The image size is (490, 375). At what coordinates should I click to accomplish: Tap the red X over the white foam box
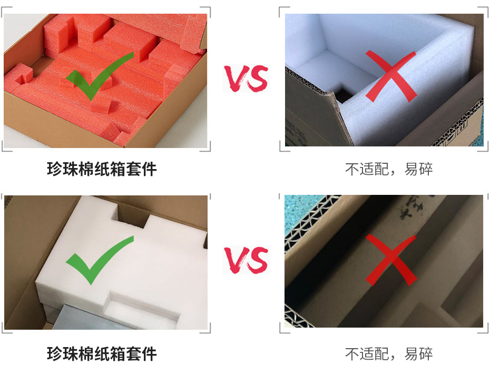click(x=391, y=76)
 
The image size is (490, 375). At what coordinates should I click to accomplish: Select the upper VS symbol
click(x=246, y=78)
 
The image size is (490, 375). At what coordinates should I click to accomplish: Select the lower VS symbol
click(x=246, y=260)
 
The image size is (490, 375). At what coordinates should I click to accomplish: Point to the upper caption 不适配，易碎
click(x=389, y=169)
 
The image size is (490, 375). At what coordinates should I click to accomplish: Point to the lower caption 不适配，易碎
click(x=389, y=353)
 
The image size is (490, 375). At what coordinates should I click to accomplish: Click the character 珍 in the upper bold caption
click(x=54, y=169)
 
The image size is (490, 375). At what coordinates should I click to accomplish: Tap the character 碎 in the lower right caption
click(x=426, y=353)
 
